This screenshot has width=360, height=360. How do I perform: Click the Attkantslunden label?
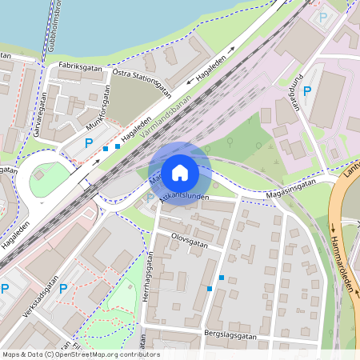coord(186,194)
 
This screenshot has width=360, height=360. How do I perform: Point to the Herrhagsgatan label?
coord(149,277)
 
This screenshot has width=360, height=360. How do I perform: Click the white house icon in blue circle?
coord(180,173)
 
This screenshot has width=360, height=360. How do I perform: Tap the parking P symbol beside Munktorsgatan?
coord(89,144)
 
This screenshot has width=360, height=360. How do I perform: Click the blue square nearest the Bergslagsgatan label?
coord(210,288)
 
